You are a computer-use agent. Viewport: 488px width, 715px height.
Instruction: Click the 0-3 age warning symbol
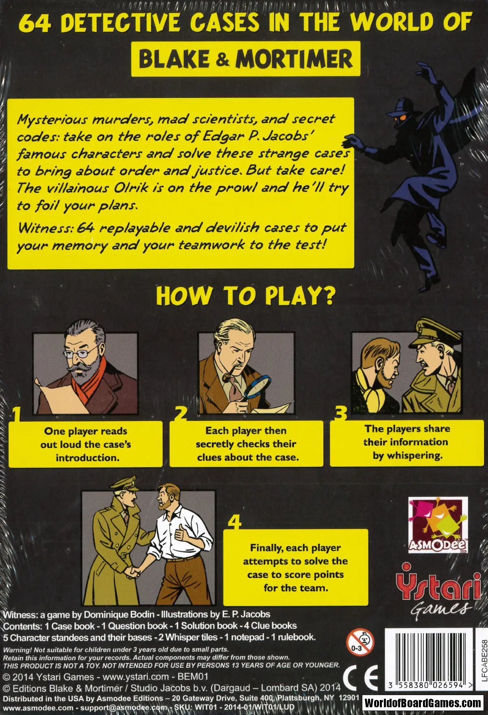[359, 642]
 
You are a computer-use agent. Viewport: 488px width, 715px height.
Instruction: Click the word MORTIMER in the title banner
[294, 59]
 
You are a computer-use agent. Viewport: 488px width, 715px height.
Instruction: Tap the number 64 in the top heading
[35, 23]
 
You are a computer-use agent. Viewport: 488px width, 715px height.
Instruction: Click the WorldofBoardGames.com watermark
[422, 702]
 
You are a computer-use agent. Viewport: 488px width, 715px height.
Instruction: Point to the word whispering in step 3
[414, 456]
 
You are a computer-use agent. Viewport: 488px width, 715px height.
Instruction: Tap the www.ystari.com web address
[135, 677]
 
